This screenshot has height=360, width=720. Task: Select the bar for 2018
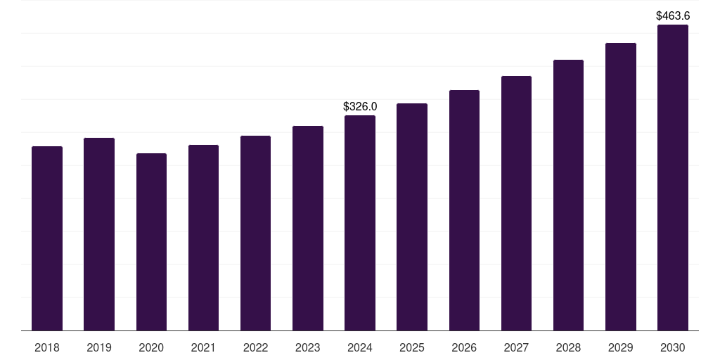(47, 238)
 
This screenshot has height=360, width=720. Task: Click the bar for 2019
(99, 234)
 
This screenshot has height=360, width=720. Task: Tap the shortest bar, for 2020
(151, 242)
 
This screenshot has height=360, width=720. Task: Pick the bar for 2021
(203, 238)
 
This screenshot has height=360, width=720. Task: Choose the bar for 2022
(255, 233)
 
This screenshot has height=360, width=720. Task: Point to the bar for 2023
(308, 228)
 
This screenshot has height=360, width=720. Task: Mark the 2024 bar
(360, 223)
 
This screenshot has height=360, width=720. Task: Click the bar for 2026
(464, 210)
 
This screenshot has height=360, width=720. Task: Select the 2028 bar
(568, 195)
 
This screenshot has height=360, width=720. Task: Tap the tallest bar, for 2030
(673, 177)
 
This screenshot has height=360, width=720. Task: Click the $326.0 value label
(360, 106)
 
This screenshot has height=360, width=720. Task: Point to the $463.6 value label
(673, 15)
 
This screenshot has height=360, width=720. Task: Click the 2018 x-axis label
(47, 347)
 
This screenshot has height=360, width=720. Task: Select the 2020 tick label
(151, 347)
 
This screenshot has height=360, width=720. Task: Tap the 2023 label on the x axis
(308, 347)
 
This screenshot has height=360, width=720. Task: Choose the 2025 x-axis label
(412, 347)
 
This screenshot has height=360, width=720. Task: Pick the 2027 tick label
(516, 347)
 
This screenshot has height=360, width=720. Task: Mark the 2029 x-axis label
(620, 347)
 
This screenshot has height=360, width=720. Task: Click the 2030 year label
(673, 347)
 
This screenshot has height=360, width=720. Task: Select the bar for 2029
(620, 186)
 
